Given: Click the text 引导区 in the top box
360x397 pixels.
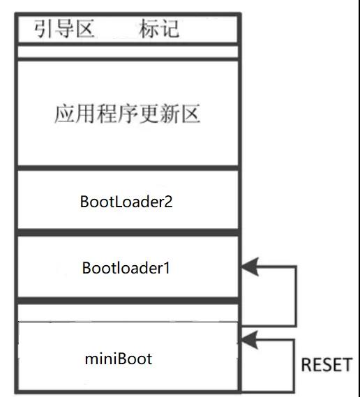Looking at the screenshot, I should pos(64,29).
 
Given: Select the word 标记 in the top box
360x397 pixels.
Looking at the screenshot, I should pos(159,29).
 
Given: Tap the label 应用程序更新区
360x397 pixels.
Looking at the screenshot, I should pos(127,114).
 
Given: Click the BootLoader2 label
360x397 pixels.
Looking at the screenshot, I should pos(126,202).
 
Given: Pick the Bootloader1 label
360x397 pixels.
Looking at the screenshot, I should pos(126,267).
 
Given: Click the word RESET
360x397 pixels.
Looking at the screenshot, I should pos(326,365).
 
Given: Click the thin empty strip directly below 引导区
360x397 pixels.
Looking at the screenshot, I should pos(127,52).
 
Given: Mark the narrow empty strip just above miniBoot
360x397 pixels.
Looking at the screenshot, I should pos(127,312).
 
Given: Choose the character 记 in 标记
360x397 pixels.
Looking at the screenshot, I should pos(170,29).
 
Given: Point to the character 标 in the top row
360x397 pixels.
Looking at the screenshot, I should pos(149,29).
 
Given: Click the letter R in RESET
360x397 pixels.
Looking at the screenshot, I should pos(306,365).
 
